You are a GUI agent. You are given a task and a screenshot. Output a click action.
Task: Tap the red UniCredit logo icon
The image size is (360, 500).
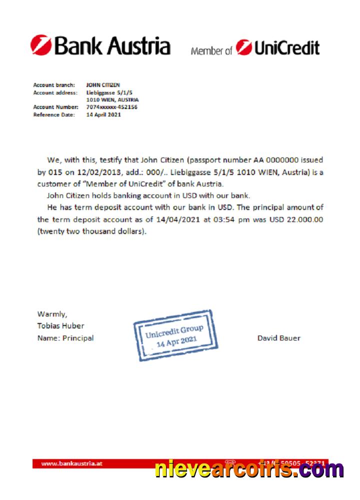click(x=244, y=47)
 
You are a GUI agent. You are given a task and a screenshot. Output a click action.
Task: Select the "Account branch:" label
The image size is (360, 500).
click(x=54, y=85)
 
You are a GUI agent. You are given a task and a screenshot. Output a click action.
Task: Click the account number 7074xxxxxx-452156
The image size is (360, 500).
click(x=112, y=107)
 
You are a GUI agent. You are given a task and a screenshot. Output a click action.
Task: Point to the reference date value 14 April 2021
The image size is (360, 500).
click(x=103, y=114)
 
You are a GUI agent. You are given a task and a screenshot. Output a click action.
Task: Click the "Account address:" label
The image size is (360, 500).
click(x=55, y=92)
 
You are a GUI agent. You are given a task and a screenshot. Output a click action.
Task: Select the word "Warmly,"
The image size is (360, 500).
click(x=52, y=314)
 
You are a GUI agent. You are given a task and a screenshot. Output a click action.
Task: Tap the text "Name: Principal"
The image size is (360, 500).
click(x=65, y=338)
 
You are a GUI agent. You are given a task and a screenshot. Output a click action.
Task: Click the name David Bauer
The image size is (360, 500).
click(x=279, y=338)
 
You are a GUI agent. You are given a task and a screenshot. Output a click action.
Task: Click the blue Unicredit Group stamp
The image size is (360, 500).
click(x=175, y=335)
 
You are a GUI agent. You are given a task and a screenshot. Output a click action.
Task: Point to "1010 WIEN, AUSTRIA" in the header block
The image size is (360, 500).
click(x=112, y=99)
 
